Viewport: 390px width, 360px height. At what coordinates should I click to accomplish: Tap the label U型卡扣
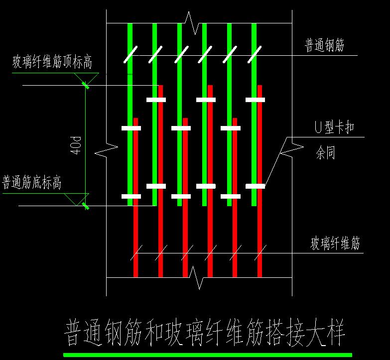[x=334, y=128]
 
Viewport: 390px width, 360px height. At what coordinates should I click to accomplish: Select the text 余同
[x=325, y=153]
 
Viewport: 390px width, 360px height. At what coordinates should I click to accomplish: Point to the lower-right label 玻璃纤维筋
[x=335, y=244]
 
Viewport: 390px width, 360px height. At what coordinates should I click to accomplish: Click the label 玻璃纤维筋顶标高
[x=52, y=63]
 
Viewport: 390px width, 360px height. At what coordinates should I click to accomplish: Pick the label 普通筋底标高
[x=32, y=183]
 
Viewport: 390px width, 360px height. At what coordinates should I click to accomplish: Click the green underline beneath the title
[x=207, y=355]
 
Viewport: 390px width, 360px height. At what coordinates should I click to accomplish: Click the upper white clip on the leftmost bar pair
[x=131, y=128]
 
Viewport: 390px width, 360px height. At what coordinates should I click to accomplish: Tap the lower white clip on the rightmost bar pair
[x=255, y=186]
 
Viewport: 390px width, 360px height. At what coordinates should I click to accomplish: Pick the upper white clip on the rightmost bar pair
[x=255, y=100]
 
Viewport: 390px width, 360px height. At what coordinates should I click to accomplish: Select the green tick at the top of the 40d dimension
[x=86, y=85]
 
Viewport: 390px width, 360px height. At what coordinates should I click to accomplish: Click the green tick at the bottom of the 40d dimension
[x=86, y=205]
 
